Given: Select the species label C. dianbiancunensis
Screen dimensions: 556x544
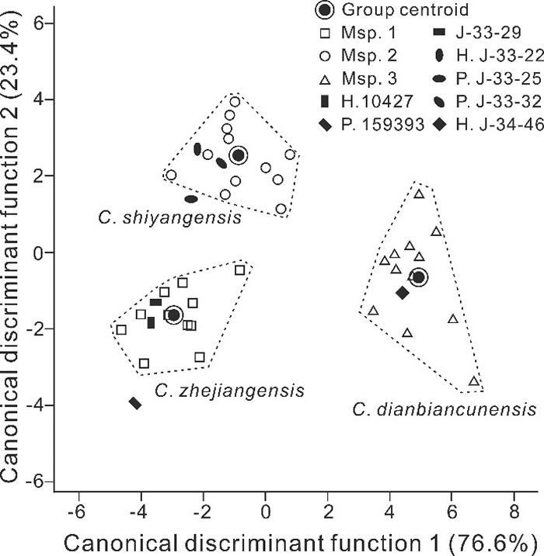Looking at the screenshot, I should (444, 407).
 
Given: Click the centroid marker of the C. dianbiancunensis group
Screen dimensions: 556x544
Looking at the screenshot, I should (418, 277).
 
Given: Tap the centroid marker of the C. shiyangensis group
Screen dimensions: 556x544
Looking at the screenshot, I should (239, 155).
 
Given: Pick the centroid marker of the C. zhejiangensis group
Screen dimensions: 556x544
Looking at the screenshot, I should (173, 314).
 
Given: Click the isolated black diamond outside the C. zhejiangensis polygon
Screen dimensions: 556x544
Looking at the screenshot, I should (135, 402).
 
